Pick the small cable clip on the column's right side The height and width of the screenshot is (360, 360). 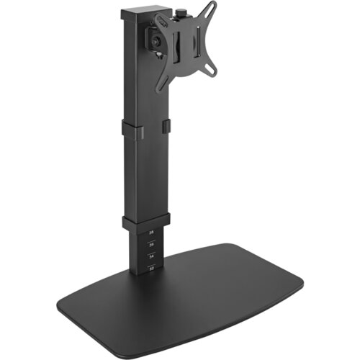click(168, 128)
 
